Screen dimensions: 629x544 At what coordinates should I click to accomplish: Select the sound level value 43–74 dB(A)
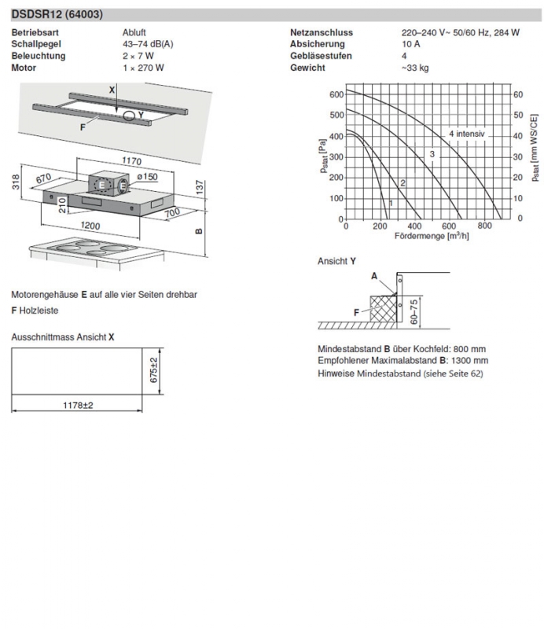[142, 44]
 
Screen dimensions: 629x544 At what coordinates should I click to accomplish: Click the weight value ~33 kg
[414, 68]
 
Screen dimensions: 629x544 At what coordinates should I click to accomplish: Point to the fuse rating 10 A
[410, 44]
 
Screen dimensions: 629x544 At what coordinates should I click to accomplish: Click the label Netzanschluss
[321, 32]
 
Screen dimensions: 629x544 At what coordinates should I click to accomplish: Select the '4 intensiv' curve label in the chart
[469, 134]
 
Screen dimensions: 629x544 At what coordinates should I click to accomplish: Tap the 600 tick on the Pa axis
[336, 94]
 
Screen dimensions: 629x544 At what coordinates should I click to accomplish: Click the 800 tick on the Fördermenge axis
[484, 226]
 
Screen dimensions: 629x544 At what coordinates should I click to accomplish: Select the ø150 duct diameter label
[147, 178]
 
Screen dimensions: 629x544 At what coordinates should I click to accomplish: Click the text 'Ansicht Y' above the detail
[336, 261]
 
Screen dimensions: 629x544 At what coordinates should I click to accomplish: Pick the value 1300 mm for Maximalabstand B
[470, 361]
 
